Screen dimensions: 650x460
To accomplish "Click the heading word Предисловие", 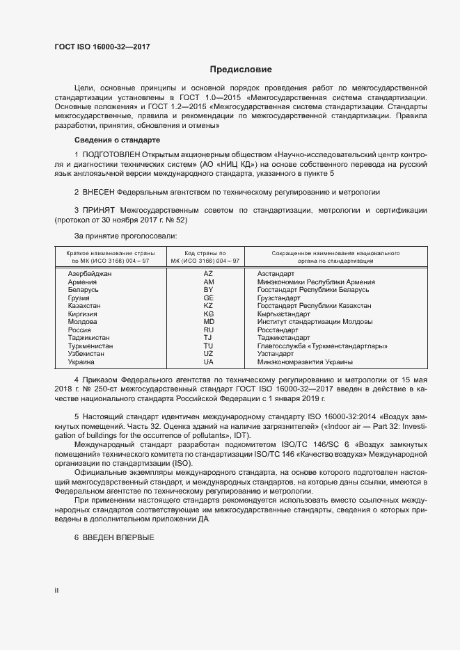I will tap(241, 70).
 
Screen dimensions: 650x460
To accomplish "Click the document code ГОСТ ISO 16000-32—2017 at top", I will tap(102, 47).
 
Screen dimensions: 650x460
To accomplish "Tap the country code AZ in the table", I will tap(208, 274).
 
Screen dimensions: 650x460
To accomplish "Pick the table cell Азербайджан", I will tap(90, 274).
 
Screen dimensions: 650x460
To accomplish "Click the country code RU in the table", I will tap(208, 330).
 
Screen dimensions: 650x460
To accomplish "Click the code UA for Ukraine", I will tap(208, 362).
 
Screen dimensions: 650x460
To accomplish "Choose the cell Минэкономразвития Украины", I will tap(305, 362).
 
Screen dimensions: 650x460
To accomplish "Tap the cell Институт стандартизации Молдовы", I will tap(315, 322).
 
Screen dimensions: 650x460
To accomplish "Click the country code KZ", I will tap(208, 306).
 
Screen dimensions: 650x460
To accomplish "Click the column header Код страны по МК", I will tap(205, 257).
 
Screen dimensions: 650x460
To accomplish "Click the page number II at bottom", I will tap(56, 590).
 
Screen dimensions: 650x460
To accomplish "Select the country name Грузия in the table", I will tap(79, 298).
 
